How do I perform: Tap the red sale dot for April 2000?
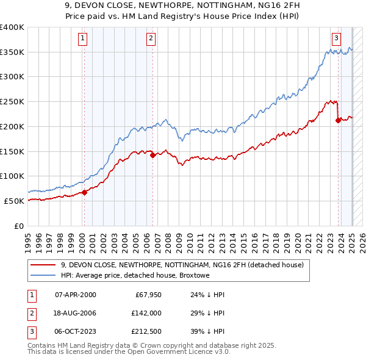[x=84, y=192]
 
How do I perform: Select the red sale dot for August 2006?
[x=152, y=155]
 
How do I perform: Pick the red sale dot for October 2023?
[x=338, y=120]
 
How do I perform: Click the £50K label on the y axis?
[x=15, y=201]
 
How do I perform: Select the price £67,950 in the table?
[x=148, y=295]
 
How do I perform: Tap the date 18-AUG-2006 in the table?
[x=76, y=313]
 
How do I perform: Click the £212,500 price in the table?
[x=146, y=331]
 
